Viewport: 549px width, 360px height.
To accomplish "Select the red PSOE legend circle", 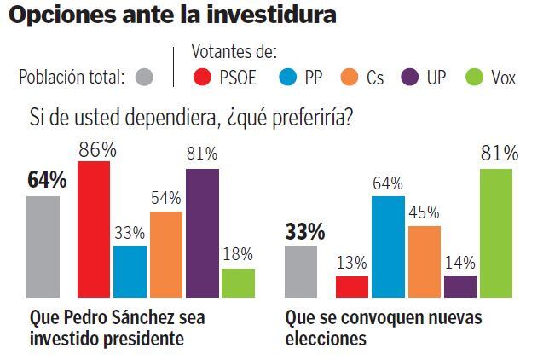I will click(203, 78).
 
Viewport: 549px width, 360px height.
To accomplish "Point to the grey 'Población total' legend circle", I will click(144, 78).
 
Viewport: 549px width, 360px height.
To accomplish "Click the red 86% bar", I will click(93, 228).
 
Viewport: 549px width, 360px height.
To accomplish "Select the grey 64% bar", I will click(43, 246).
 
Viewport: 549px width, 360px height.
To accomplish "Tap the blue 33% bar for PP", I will click(130, 270).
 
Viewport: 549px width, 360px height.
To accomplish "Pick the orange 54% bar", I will click(165, 253).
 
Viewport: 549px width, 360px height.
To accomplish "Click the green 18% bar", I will click(238, 282).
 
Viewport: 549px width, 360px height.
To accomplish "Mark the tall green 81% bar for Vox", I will click(496, 232).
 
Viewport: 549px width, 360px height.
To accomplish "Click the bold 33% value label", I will click(304, 231).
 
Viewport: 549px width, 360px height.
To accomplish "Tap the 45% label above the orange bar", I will click(425, 212).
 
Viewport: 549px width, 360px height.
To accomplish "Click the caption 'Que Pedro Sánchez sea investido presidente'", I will click(117, 328).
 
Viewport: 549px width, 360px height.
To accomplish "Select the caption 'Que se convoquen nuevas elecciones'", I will click(384, 328).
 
